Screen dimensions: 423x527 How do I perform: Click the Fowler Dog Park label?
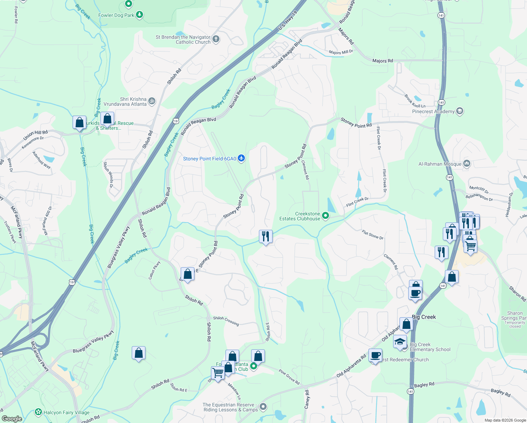[x=116, y=15]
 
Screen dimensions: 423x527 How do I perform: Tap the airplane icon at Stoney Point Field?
[x=241, y=158]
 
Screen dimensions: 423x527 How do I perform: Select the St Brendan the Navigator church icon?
[x=216, y=39]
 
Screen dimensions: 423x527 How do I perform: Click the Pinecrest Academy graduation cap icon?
[x=459, y=111]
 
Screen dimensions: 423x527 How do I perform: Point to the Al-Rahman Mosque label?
[x=440, y=164]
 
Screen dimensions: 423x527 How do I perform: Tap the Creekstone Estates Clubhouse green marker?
[x=325, y=216]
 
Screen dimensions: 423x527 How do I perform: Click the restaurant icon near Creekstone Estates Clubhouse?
[x=266, y=236]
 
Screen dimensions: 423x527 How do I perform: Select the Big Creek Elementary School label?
[x=430, y=347]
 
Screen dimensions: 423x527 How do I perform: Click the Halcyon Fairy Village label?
[x=66, y=412]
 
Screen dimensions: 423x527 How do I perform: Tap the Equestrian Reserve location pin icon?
[x=263, y=407]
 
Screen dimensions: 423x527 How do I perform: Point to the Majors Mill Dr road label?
[x=341, y=52]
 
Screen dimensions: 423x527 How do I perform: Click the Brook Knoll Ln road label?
[x=415, y=101]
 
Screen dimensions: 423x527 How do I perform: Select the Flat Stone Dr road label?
[x=372, y=235]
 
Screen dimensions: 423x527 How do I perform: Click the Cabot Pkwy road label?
[x=154, y=269]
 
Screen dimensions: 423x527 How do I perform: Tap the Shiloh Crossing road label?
[x=226, y=321]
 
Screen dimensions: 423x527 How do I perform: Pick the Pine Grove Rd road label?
[x=289, y=377]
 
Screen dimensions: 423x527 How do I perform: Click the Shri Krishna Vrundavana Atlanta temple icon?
[x=151, y=101]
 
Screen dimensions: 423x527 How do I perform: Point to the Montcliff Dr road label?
[x=479, y=190]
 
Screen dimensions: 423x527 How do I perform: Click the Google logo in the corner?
[x=12, y=418]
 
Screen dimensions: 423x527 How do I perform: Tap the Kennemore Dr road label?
[x=33, y=143]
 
